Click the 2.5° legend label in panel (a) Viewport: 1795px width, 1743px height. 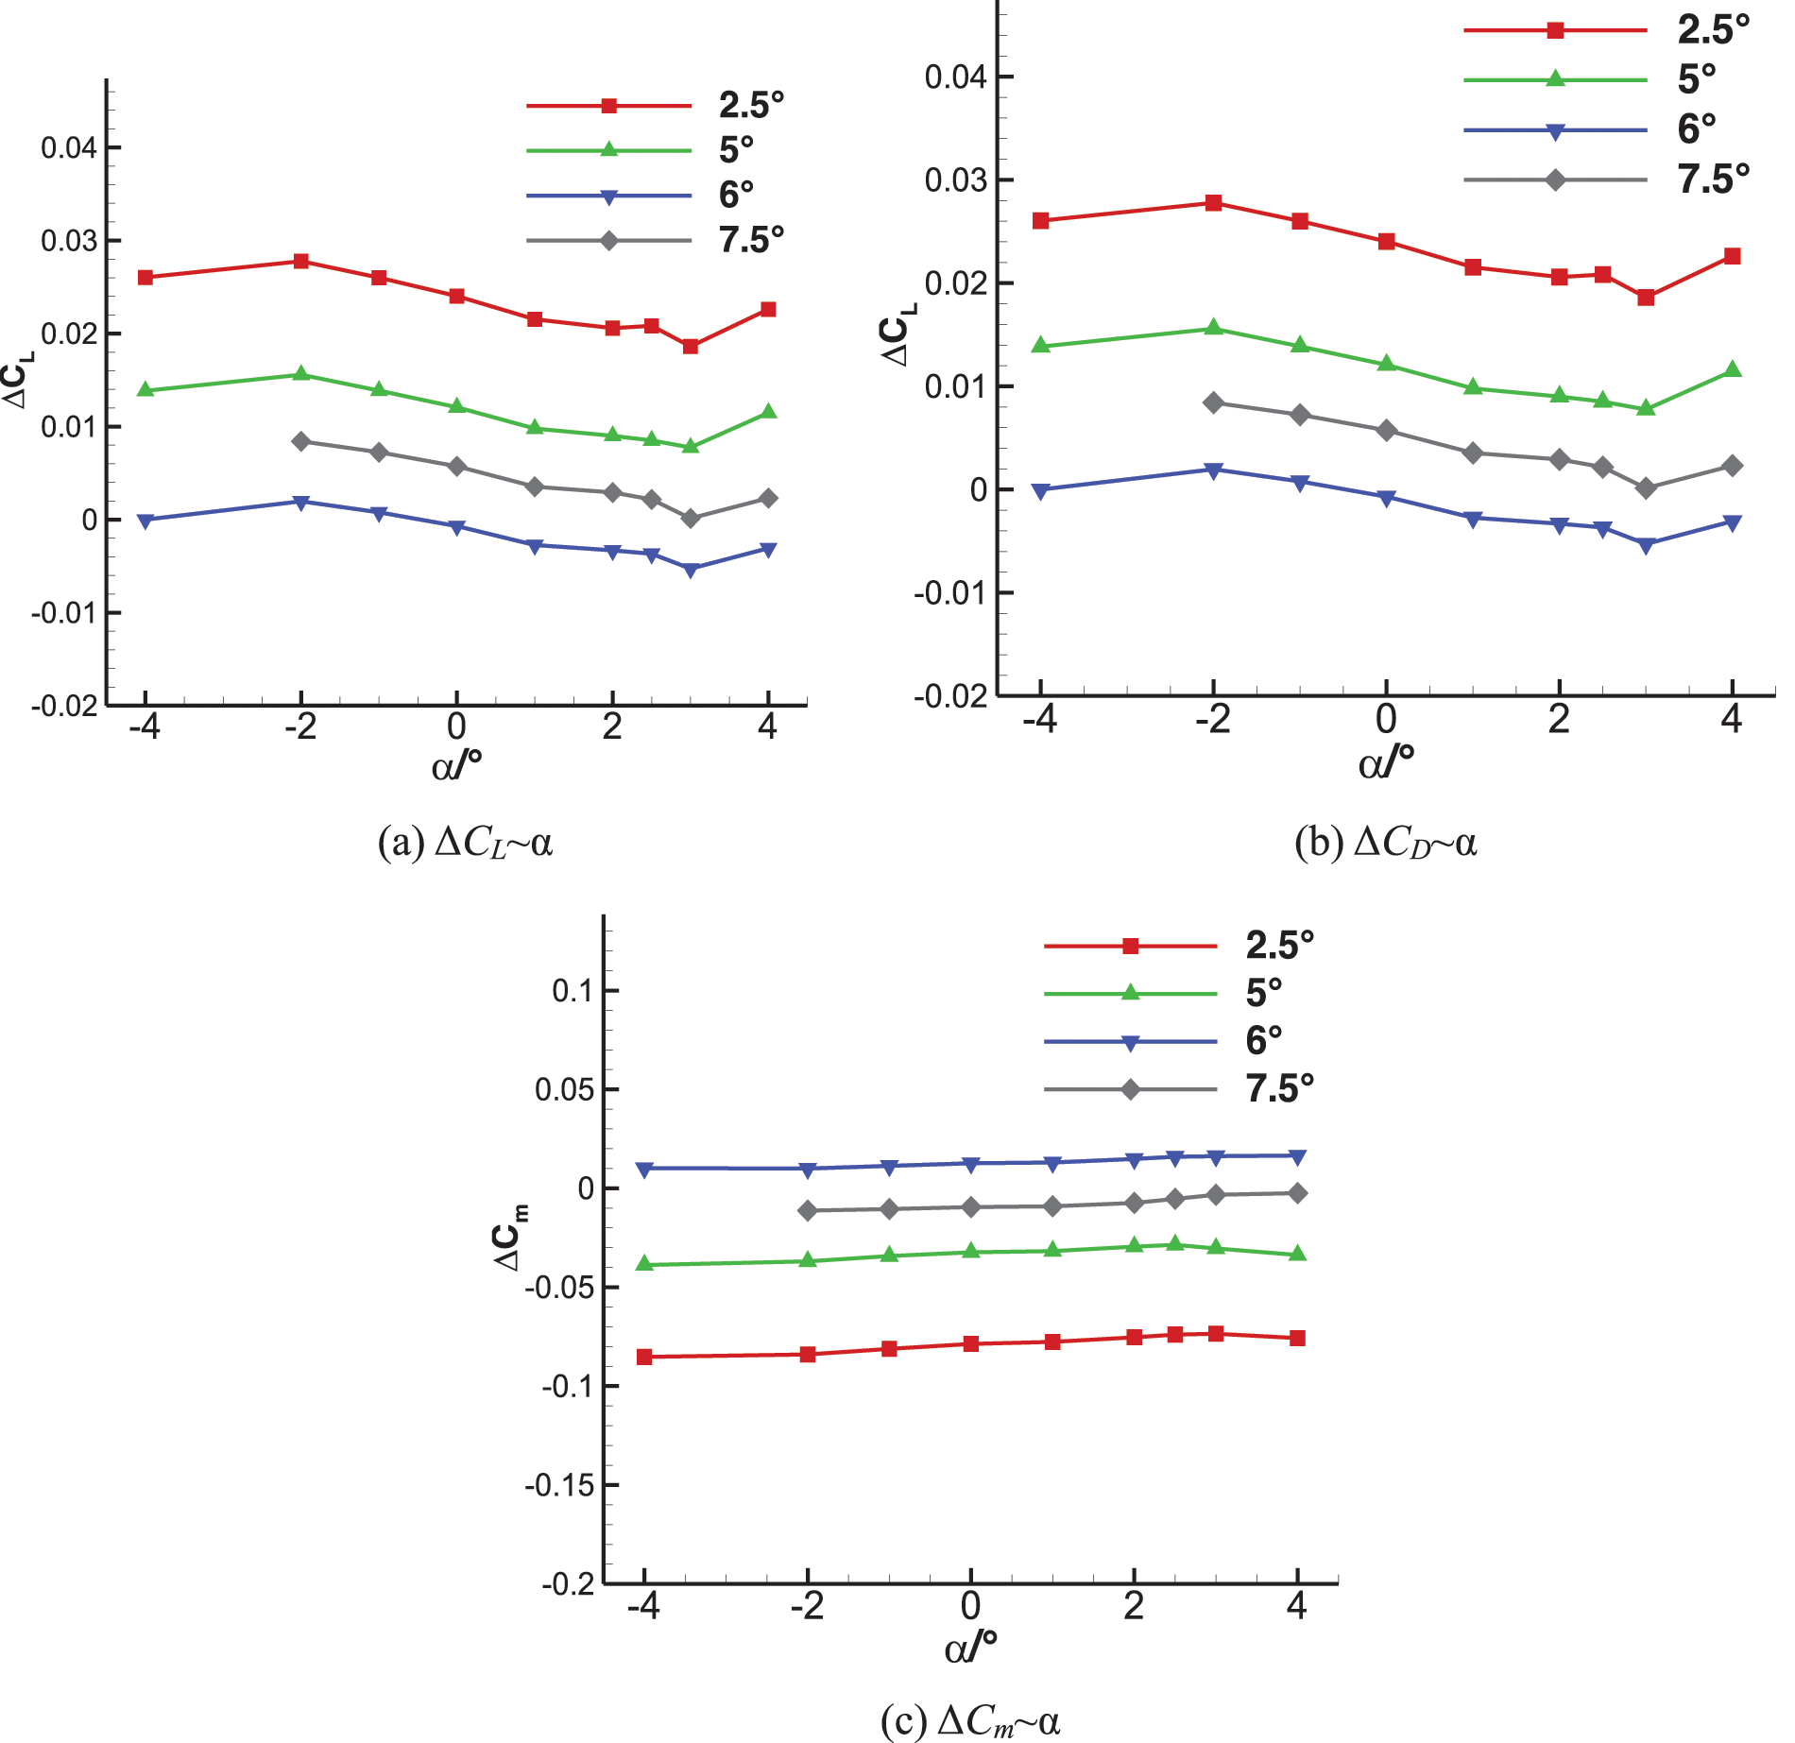click(x=751, y=105)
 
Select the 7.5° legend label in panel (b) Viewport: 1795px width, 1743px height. click(x=1713, y=179)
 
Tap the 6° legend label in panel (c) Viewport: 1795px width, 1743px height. click(x=1263, y=1040)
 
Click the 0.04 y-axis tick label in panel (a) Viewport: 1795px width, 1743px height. click(x=68, y=148)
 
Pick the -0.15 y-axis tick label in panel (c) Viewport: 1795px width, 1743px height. click(x=559, y=1486)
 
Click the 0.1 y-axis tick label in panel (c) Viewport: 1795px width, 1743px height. click(x=572, y=991)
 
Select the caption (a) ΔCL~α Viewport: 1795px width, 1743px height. click(x=465, y=842)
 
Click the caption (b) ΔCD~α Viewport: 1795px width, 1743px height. click(x=1385, y=842)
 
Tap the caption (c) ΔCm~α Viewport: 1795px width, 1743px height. click(x=970, y=1721)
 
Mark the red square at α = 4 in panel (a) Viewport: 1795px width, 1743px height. click(x=768, y=310)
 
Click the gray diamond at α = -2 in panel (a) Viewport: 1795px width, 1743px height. click(x=301, y=441)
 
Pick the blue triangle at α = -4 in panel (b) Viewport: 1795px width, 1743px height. click(x=1041, y=490)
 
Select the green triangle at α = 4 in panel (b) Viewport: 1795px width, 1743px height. click(x=1732, y=369)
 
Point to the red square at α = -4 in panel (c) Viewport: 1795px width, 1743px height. click(x=644, y=1357)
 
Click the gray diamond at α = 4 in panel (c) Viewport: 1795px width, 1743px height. click(x=1298, y=1193)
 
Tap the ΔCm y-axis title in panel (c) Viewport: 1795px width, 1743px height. click(x=510, y=1237)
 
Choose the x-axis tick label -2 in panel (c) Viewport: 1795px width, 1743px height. click(x=807, y=1606)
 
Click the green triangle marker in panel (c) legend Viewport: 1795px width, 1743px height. click(x=1130, y=993)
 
